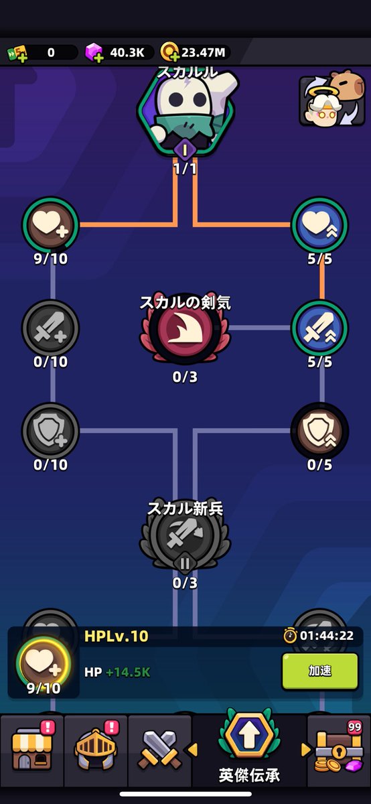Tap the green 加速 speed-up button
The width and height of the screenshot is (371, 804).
(x=320, y=671)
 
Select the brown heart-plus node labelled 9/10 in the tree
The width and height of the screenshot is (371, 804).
(x=51, y=224)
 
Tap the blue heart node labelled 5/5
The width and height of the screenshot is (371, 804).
(x=319, y=224)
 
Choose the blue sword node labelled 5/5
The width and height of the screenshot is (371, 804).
(x=319, y=328)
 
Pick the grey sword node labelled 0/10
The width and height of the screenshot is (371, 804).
(x=51, y=328)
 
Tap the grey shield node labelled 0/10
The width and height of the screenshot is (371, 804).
(x=51, y=431)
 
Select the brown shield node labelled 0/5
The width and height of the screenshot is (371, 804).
(x=319, y=431)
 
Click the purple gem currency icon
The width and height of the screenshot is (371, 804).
(x=94, y=52)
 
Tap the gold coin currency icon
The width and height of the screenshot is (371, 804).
(x=169, y=52)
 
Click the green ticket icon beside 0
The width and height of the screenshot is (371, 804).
(x=17, y=53)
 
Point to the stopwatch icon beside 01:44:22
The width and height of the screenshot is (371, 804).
(x=290, y=635)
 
